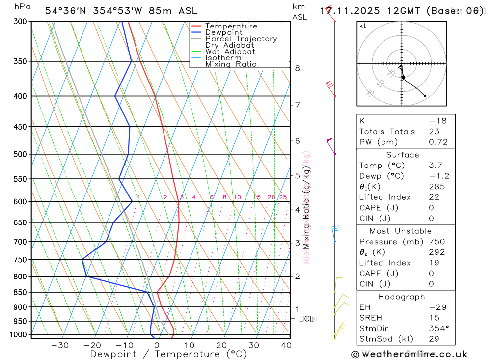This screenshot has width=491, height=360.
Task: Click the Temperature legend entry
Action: pos(231,27)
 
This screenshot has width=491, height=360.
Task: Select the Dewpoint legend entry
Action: pos(224,33)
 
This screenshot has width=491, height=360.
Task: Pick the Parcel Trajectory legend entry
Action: pos(241,39)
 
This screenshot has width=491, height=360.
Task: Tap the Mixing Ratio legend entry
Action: pos(231,64)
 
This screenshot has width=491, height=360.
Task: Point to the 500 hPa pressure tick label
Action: pos(20,154)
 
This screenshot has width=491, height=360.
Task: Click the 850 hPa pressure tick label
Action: pos(20,292)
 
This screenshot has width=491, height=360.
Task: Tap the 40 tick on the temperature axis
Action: pos(285,345)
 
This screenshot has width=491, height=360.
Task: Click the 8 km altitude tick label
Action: pos(297,68)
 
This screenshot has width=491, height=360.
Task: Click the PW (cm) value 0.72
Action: pos(438,142)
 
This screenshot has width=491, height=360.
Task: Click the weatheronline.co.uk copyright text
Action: pos(409,354)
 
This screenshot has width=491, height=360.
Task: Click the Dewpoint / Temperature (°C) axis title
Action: pos(168,354)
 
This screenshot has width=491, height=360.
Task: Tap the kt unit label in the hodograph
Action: pos(363,26)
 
